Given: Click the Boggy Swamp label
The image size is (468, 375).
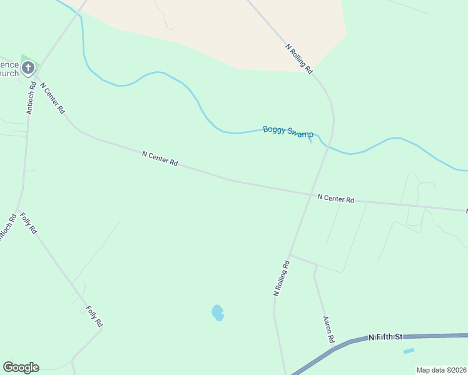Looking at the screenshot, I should (x=288, y=132).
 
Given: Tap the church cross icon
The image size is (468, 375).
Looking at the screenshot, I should (x=28, y=67).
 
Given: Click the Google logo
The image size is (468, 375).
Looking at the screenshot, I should (x=21, y=367).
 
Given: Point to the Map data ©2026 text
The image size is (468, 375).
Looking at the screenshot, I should (x=441, y=370).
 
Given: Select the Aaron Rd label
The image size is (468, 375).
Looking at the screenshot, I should (x=328, y=329).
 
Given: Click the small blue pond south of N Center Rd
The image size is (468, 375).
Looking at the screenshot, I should (x=218, y=312).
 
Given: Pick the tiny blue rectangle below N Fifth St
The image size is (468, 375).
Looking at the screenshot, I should (x=409, y=351).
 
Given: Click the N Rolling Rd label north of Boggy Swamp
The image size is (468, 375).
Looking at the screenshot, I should (x=299, y=59).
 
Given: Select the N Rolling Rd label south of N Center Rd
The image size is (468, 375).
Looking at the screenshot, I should (x=282, y=277).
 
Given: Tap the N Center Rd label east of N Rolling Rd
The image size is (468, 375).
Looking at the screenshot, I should (x=335, y=199).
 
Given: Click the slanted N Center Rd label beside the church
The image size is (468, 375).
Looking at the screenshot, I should (x=53, y=97).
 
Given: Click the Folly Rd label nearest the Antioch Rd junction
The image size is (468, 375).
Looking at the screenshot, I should (x=29, y=223).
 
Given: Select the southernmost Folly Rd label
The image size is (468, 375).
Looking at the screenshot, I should (x=94, y=316).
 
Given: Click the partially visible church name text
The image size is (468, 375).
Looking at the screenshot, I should (x=9, y=68).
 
